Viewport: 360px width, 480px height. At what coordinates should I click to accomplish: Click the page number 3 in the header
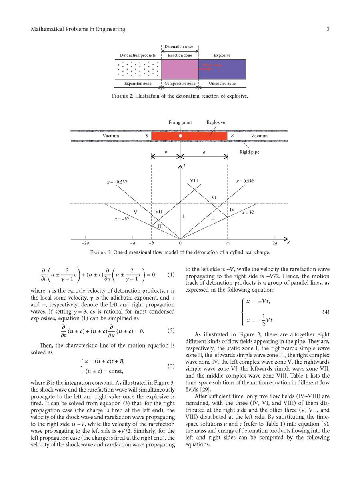coord(328,29)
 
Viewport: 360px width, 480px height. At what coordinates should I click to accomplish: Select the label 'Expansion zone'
coord(137,84)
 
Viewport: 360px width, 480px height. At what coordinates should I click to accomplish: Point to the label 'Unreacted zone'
coord(223,84)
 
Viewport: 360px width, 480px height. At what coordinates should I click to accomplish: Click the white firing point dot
coord(181,136)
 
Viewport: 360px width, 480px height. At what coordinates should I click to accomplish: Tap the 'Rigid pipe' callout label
coord(249,152)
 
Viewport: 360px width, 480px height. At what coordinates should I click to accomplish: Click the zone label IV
coord(232,210)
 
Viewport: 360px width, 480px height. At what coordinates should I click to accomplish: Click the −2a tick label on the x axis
coord(85,243)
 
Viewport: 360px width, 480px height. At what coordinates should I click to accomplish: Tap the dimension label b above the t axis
coord(166,152)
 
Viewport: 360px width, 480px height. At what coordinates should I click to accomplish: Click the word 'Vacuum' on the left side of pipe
coord(111,136)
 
